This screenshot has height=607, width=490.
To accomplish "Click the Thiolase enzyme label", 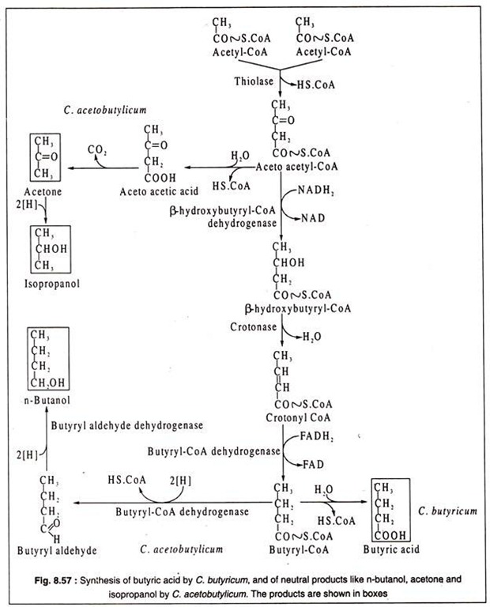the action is [254, 81].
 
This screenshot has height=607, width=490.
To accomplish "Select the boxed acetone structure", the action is [45, 156].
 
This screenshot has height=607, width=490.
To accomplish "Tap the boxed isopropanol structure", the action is [51, 249].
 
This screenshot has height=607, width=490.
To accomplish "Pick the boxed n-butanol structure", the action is [48, 359].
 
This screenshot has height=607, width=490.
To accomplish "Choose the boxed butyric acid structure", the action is [390, 510].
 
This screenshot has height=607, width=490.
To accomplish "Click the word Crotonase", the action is [253, 327].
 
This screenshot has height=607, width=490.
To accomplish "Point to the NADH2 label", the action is [316, 190].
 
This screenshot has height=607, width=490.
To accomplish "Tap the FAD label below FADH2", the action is [313, 464].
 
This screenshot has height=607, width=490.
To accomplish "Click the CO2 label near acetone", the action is [97, 150].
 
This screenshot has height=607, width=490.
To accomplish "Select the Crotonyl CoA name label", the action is [298, 418].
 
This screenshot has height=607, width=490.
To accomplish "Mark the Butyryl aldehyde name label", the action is [57, 550].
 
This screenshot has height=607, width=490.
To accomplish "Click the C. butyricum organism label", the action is [447, 511].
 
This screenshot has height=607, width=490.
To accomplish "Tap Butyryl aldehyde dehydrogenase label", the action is [127, 425].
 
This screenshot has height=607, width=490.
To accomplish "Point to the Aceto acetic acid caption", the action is [159, 191].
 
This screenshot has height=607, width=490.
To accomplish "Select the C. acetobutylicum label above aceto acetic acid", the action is [105, 111].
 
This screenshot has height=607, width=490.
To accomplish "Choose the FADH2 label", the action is [317, 436].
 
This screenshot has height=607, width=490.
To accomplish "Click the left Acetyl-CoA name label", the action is [239, 52].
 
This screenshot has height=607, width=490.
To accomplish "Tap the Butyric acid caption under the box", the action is [391, 549].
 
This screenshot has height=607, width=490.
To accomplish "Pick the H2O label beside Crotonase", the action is [312, 337].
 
